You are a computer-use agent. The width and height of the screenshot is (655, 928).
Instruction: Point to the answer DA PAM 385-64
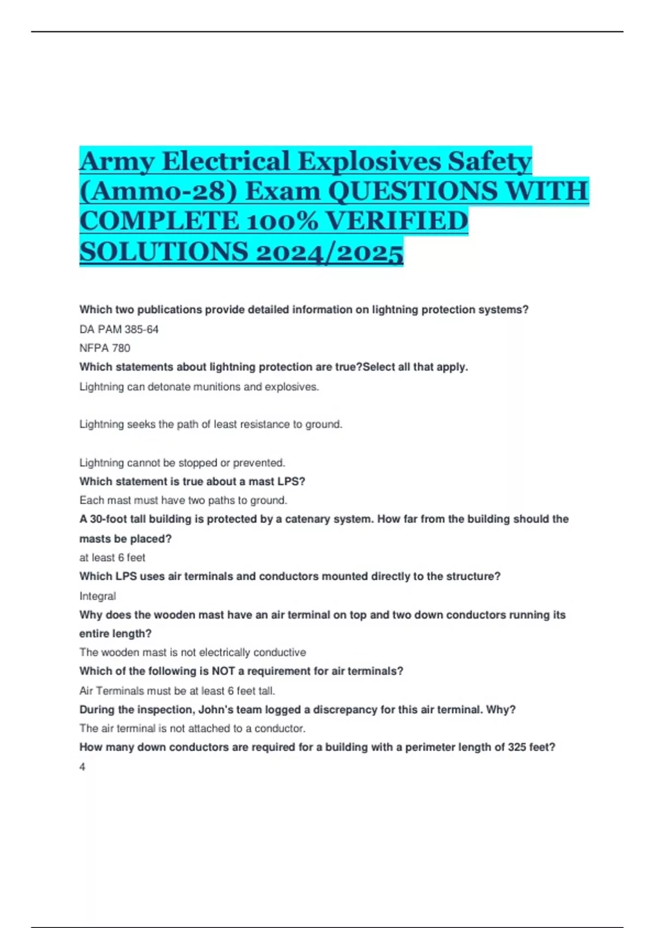pos(119,329)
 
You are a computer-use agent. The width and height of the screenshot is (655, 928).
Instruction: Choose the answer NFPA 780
pos(105,348)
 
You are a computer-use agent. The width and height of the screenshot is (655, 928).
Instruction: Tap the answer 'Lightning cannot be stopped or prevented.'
pos(182,463)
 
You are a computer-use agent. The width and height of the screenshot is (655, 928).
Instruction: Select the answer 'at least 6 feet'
pos(112,558)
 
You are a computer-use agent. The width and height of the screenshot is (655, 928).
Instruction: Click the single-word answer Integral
pos(98,596)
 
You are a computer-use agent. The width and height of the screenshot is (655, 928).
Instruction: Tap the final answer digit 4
pos(82,767)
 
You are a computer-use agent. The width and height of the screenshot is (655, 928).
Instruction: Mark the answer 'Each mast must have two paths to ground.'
pos(183,501)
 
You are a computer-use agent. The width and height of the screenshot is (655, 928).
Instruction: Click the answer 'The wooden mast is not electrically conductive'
pos(193,652)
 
